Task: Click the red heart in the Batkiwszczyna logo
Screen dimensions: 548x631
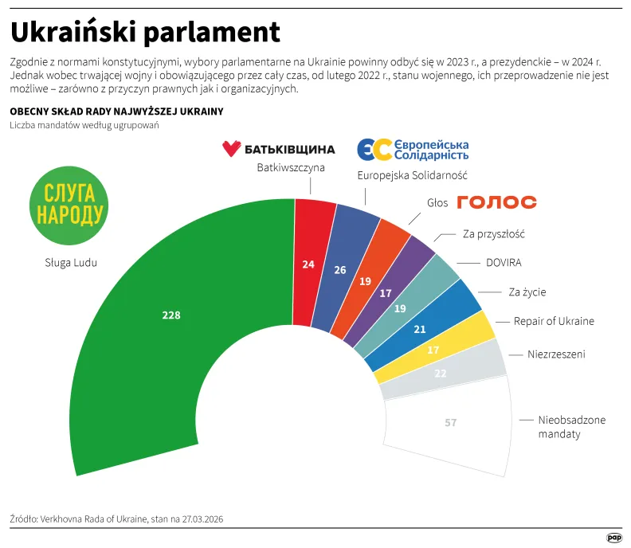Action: tap(231, 148)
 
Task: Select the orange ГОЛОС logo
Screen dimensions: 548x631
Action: tap(496, 202)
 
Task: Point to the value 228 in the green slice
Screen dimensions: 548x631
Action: tap(171, 315)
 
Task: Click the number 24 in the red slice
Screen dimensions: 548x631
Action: tap(308, 264)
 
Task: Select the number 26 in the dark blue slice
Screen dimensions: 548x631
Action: tap(340, 270)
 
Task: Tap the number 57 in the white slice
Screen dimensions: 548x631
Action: tap(450, 423)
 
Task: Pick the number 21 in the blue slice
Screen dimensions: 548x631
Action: tap(421, 330)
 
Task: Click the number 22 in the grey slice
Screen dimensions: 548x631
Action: tap(441, 372)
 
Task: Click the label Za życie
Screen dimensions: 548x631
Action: tap(527, 292)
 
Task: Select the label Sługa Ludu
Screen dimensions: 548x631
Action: tap(71, 262)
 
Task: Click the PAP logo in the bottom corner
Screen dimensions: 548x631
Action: tap(614, 538)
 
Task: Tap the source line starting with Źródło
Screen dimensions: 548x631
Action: tap(116, 519)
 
